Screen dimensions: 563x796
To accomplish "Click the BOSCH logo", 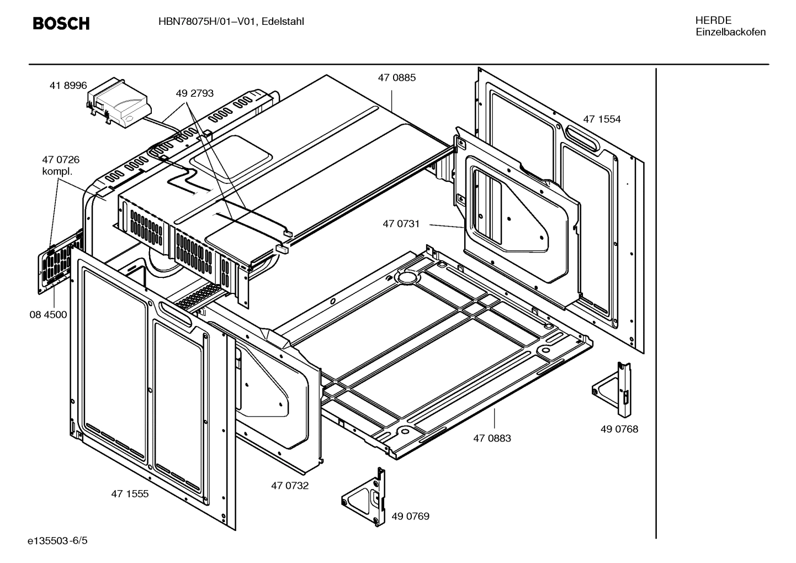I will pyautogui.click(x=61, y=23).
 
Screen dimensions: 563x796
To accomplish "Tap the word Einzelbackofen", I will pyautogui.click(x=730, y=32).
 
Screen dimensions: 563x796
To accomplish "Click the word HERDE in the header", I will pyautogui.click(x=713, y=20).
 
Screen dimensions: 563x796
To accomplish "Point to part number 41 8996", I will pyautogui.click(x=68, y=86).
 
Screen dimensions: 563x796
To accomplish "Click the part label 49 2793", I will pyautogui.click(x=194, y=93).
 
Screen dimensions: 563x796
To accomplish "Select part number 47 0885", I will pyautogui.click(x=396, y=78).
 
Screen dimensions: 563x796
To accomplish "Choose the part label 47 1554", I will pyautogui.click(x=602, y=119).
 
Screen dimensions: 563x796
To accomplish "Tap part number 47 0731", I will pyautogui.click(x=401, y=224).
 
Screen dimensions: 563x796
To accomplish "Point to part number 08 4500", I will pyautogui.click(x=48, y=315).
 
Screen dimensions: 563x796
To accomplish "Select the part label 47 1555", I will pyautogui.click(x=130, y=494).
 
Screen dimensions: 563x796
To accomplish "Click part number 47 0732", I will pyautogui.click(x=290, y=486).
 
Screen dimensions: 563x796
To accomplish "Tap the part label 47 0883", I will pyautogui.click(x=492, y=438).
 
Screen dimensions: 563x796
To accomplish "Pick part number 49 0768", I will pyautogui.click(x=619, y=429).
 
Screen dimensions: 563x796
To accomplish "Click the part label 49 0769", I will pyautogui.click(x=410, y=517).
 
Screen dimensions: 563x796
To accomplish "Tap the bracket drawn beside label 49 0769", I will pyautogui.click(x=364, y=497).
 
